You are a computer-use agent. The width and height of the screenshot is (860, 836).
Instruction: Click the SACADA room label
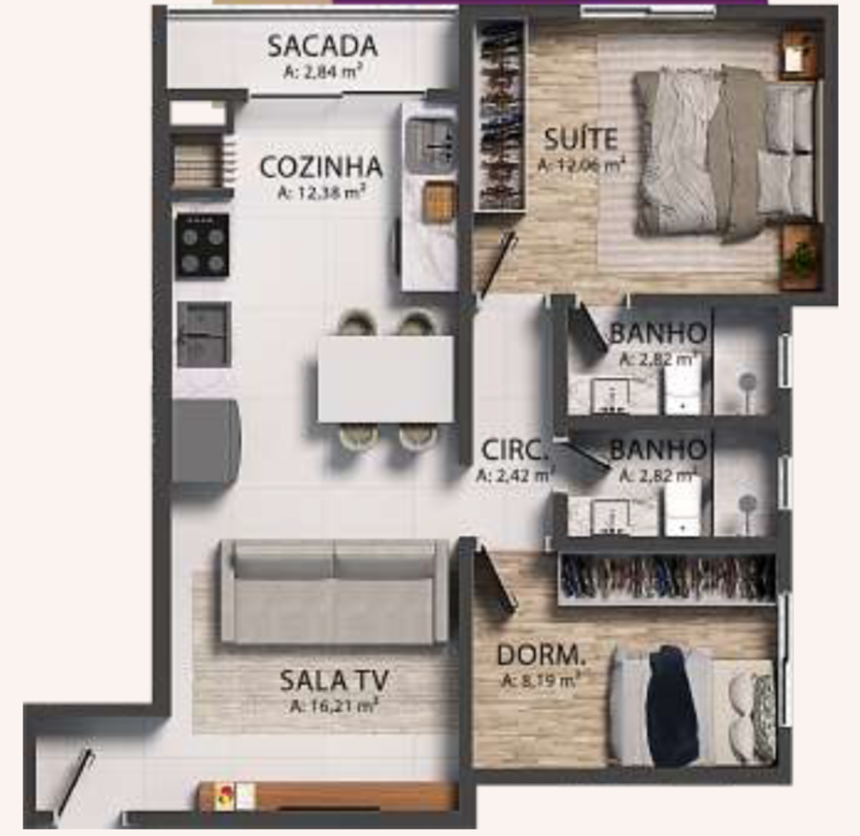point(322,46)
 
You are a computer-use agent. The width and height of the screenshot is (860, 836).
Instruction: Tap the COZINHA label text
point(320,167)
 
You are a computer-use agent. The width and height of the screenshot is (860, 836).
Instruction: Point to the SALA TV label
point(334,680)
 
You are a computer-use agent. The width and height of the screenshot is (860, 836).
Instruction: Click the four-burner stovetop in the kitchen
point(203,245)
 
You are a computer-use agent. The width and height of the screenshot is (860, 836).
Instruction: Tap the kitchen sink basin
point(431,143)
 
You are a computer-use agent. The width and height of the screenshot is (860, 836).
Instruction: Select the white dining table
point(385,379)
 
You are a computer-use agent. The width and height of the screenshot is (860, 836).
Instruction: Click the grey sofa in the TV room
point(335,593)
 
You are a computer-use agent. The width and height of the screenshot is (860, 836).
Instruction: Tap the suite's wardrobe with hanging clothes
point(501,115)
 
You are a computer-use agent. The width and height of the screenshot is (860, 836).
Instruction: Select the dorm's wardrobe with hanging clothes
point(666,578)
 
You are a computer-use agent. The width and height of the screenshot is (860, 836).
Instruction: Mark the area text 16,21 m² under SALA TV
point(335,708)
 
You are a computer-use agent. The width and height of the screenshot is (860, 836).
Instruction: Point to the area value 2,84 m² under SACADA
point(322,73)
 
